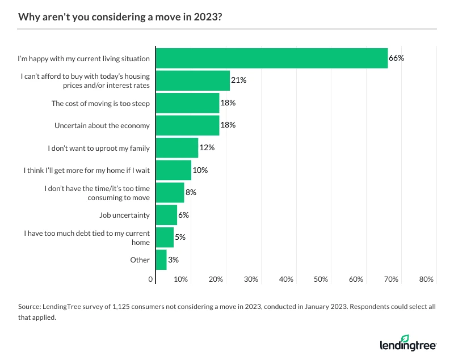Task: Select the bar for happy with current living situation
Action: (271, 58)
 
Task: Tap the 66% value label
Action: (396, 58)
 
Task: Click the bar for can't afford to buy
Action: (192, 81)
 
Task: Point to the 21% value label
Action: (238, 81)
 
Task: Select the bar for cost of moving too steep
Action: (187, 103)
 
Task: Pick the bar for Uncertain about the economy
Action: (187, 125)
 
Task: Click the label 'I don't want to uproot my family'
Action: (99, 148)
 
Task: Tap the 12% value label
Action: (207, 148)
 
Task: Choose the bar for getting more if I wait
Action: (173, 170)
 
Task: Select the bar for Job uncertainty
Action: (166, 215)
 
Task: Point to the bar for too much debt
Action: (165, 238)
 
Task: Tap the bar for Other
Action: (161, 260)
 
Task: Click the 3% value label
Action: (173, 260)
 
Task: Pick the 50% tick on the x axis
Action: (321, 279)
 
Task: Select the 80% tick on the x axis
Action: (426, 279)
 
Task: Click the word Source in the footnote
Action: (30, 306)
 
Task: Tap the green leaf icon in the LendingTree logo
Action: (421, 339)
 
